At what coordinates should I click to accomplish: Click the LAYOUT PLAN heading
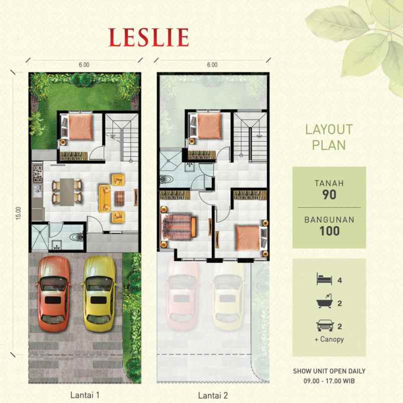coord(329,137)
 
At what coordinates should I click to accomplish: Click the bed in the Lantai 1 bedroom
coord(78,127)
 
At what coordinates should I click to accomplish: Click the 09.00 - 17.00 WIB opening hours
coord(329,380)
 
